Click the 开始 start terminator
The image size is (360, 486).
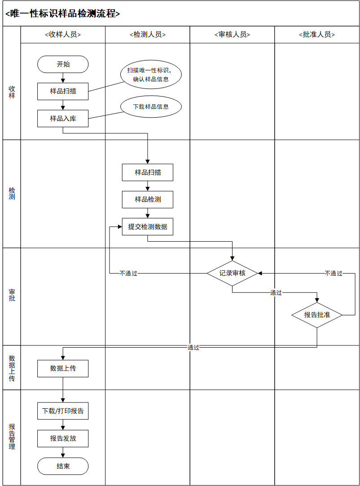tap(63, 64)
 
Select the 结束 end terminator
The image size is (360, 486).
tap(63, 466)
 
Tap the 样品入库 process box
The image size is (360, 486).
tap(63, 119)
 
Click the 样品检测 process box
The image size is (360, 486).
tap(148, 199)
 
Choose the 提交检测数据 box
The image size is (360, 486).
tap(148, 227)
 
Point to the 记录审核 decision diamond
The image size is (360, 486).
tap(232, 273)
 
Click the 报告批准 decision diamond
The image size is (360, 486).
tap(317, 315)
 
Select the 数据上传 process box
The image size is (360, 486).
tap(63, 368)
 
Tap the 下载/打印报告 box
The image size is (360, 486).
tap(63, 411)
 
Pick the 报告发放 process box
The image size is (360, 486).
tap(63, 438)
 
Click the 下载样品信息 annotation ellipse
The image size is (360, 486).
tap(151, 107)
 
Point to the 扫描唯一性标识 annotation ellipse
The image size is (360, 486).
tap(151, 75)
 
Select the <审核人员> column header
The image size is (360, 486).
tap(232, 35)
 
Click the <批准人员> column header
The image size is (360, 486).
tap(317, 35)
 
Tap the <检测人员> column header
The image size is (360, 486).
tap(148, 35)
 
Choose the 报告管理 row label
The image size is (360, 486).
tap(12, 437)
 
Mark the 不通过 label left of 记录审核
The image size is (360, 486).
tap(128, 273)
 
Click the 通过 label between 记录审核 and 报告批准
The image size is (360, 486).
tap(276, 293)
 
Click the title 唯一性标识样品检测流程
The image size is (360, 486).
tap(63, 13)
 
